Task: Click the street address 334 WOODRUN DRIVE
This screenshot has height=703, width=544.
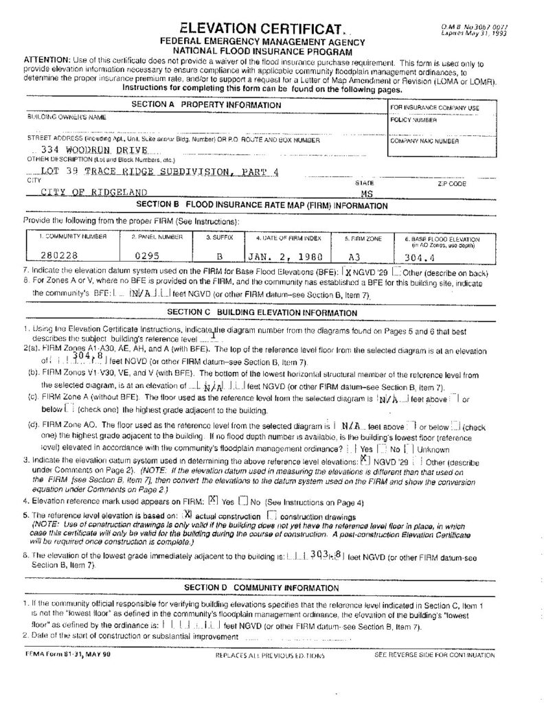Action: [x=95, y=149]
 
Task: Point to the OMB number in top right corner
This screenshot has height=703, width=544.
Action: [x=470, y=25]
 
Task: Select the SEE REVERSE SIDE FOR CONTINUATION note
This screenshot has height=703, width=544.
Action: [x=434, y=655]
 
